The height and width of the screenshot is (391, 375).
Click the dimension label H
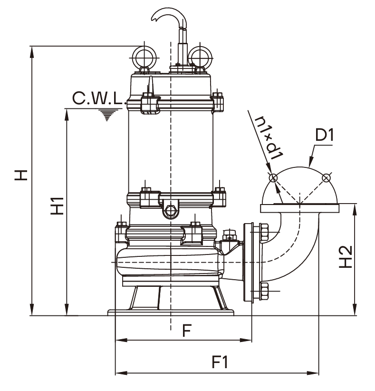pos(20,175)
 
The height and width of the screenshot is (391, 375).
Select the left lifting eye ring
pos(143,57)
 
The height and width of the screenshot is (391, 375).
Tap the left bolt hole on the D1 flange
pos(273,178)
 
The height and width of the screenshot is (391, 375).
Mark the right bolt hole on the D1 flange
pos(326,178)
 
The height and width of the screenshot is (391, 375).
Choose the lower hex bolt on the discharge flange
pos(264,290)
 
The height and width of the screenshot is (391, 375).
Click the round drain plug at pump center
pos(170,210)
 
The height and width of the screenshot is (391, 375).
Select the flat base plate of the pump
pos(171,313)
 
